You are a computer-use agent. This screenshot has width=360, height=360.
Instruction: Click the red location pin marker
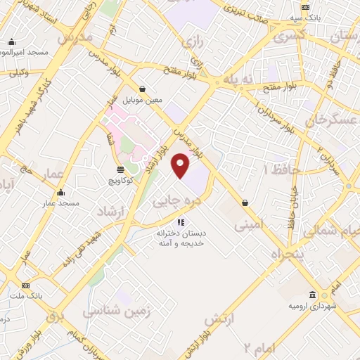[181, 166]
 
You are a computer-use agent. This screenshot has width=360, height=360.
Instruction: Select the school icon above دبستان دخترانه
[181, 222]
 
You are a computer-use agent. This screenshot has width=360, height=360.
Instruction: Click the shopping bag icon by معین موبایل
[143, 89]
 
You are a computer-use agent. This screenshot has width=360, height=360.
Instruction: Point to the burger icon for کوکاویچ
[120, 169]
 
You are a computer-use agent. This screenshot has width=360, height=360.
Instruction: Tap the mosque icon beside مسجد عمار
[60, 193]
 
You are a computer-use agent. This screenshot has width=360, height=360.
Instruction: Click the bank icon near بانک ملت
[26, 285]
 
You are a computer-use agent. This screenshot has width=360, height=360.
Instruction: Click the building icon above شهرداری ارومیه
[312, 295]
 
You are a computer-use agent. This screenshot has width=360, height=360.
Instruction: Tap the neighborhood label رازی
[192, 43]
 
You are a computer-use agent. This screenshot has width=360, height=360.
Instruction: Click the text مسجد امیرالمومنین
[23, 53]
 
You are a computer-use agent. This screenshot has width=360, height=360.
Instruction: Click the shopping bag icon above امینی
[245, 202]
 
